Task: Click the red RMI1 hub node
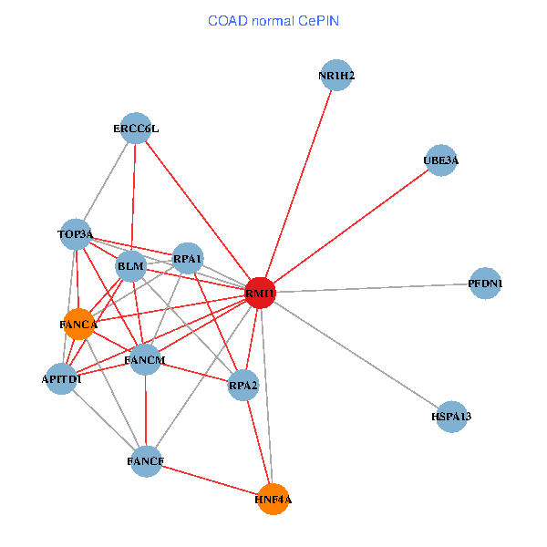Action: pyautogui.click(x=260, y=293)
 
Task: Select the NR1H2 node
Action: pyautogui.click(x=336, y=76)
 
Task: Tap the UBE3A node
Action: pyautogui.click(x=440, y=160)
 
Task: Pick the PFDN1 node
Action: pyautogui.click(x=485, y=284)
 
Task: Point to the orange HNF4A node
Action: pyautogui.click(x=273, y=500)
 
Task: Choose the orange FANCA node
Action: pyautogui.click(x=78, y=324)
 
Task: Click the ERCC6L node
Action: pyautogui.click(x=136, y=129)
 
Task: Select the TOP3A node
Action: pyautogui.click(x=75, y=235)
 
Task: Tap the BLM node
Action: pyautogui.click(x=131, y=267)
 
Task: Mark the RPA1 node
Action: pyautogui.click(x=187, y=258)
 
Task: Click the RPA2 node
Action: pyautogui.click(x=243, y=386)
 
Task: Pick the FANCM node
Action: pyautogui.click(x=146, y=360)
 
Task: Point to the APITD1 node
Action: pyautogui.click(x=61, y=378)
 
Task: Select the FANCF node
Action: pyautogui.click(x=146, y=461)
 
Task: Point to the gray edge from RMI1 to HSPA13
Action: pyautogui.click(x=356, y=355)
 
